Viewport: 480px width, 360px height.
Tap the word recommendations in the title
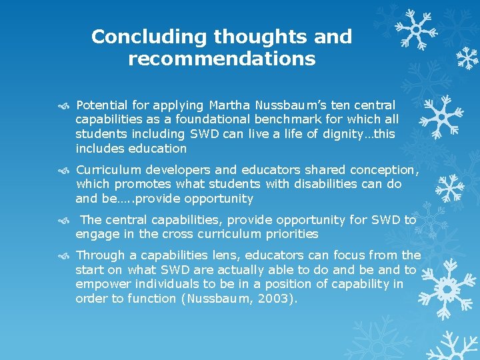tap(221, 59)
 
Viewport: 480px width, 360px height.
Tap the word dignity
tap(339, 134)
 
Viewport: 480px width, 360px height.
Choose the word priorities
tap(290, 234)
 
